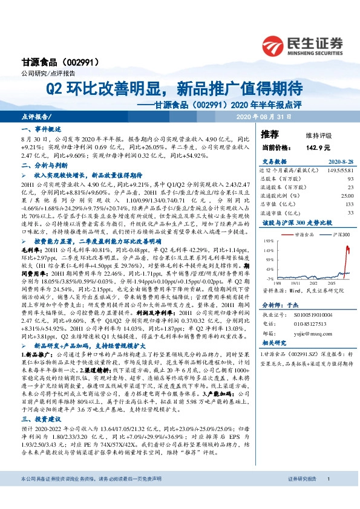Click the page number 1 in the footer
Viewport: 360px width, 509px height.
pyautogui.click(x=327, y=496)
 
